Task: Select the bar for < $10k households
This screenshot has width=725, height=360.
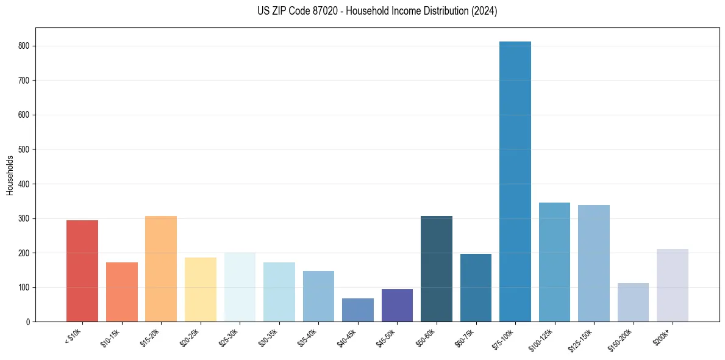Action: coord(82,271)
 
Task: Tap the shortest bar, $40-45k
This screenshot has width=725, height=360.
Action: coord(358,310)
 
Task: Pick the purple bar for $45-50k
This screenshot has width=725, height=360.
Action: coord(397,306)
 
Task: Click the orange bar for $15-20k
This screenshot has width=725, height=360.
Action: coord(161,268)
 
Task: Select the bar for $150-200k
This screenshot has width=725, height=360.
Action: coord(633,302)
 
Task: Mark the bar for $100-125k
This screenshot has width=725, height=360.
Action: coord(554,262)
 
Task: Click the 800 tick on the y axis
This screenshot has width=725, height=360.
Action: coord(27,46)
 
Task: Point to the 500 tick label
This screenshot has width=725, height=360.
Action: coord(27,149)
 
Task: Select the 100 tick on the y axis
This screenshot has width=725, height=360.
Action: coord(27,287)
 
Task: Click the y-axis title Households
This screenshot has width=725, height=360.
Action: coord(10,175)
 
